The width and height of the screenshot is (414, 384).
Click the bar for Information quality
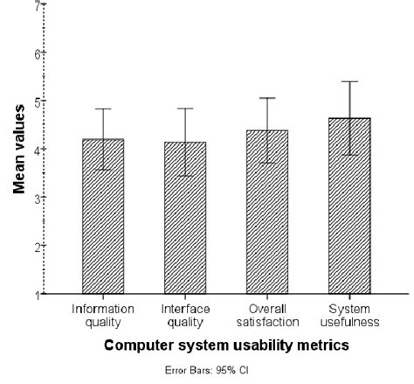click(x=103, y=219)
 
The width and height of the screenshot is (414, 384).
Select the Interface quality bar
click(x=184, y=219)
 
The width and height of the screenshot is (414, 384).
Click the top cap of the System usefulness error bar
click(x=349, y=81)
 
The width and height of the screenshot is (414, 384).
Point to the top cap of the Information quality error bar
click(x=103, y=109)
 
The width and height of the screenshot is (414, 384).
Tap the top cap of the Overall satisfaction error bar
click(x=267, y=98)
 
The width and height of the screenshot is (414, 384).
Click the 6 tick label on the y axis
click(x=38, y=53)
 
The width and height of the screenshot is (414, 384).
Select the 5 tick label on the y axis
click(x=38, y=101)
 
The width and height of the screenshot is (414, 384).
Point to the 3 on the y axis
click(x=38, y=198)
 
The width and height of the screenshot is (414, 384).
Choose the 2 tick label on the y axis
click(x=38, y=247)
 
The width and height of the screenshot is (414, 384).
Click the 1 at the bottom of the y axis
click(x=38, y=295)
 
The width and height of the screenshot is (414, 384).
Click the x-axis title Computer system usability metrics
click(x=227, y=345)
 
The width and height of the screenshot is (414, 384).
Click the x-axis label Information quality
click(x=103, y=314)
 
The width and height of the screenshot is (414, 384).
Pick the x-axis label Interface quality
click(x=184, y=314)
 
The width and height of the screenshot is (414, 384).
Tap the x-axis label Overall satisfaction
click(x=267, y=314)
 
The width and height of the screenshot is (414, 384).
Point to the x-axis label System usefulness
click(x=349, y=314)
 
